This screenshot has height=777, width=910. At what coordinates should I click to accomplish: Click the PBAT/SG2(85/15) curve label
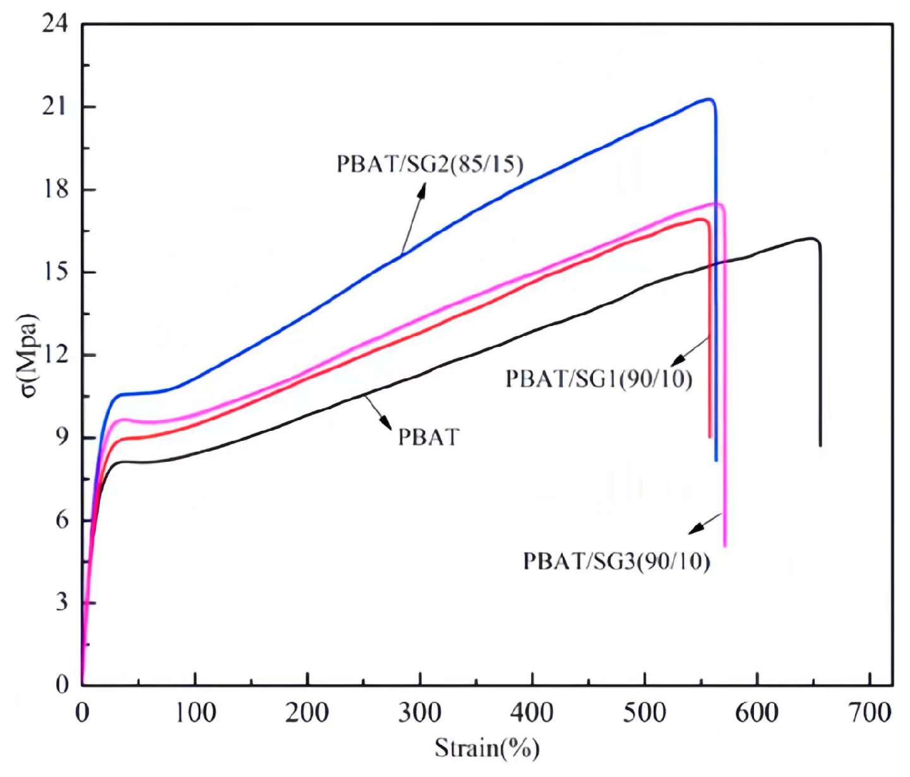(x=429, y=164)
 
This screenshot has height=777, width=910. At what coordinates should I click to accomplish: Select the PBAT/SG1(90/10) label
(x=598, y=379)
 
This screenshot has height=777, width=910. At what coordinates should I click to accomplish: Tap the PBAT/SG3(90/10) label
(x=616, y=561)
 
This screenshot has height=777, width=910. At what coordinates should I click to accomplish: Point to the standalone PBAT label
(x=428, y=437)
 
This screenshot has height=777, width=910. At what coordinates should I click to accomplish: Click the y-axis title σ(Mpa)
(x=29, y=355)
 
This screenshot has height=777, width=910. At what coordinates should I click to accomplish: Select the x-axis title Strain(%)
(x=487, y=749)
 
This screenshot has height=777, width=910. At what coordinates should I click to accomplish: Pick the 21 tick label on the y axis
(x=54, y=106)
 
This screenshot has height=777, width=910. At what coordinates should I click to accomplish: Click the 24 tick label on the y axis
(x=54, y=24)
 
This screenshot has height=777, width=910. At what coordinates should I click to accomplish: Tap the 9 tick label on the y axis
(x=62, y=437)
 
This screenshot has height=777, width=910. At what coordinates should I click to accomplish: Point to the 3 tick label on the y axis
(x=62, y=602)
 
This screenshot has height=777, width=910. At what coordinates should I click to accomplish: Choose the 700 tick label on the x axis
(x=870, y=713)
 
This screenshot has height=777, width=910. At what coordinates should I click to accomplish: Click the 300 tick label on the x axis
(x=419, y=713)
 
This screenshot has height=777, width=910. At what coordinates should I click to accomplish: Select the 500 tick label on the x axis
(x=644, y=713)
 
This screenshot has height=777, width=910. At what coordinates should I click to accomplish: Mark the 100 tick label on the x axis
(x=195, y=713)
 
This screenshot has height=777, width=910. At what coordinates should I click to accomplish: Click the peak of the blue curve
(x=709, y=99)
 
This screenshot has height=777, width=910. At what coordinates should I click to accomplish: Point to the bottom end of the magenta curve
(x=724, y=545)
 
